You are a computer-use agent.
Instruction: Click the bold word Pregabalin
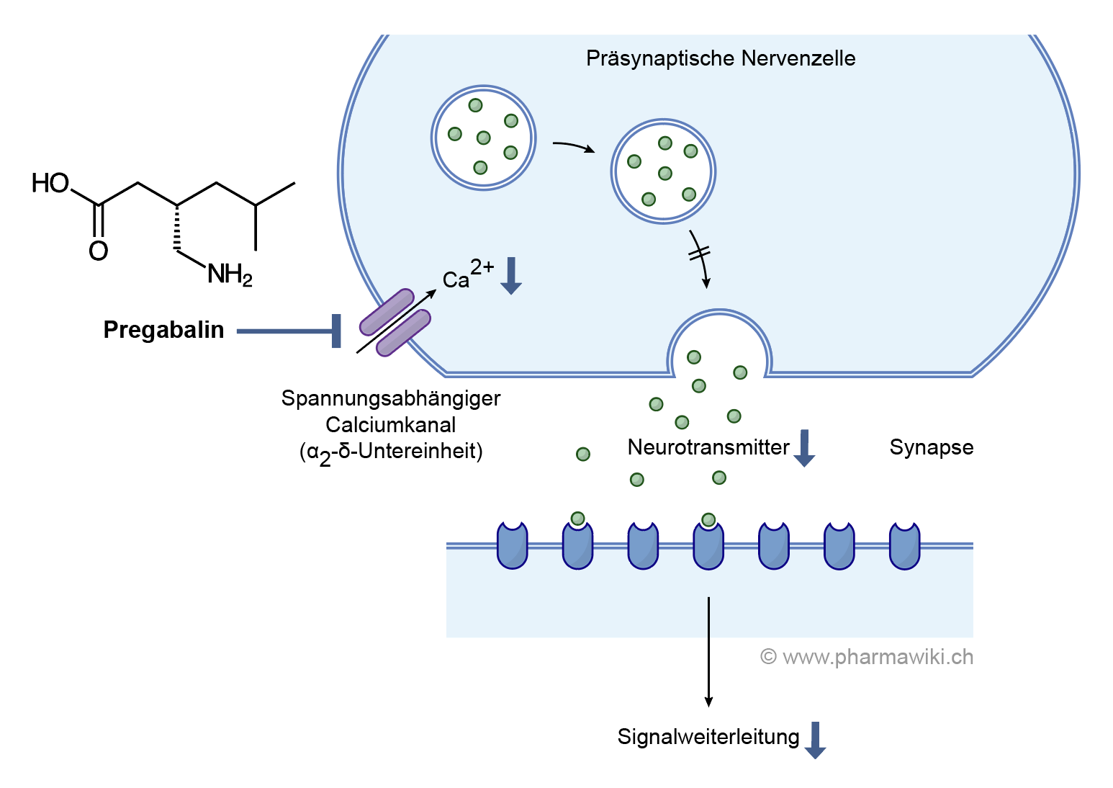click(x=163, y=330)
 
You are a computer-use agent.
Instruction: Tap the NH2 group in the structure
click(x=230, y=274)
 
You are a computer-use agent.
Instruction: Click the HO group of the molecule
click(x=50, y=184)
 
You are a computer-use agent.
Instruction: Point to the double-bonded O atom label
click(x=99, y=251)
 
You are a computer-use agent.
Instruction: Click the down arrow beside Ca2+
click(x=511, y=276)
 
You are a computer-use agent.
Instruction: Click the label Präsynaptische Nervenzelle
click(x=721, y=58)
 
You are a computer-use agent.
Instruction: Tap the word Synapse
click(x=932, y=447)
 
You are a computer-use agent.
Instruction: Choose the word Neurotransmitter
click(x=708, y=447)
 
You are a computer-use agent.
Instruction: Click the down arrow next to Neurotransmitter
click(x=804, y=448)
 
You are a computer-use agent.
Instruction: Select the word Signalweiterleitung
click(x=708, y=737)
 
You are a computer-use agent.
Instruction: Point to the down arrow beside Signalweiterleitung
click(x=815, y=740)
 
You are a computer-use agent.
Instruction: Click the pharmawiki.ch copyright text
click(x=867, y=657)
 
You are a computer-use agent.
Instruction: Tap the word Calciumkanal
click(x=391, y=424)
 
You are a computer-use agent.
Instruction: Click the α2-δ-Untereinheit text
click(x=391, y=452)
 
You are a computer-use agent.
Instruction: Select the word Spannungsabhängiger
click(x=391, y=398)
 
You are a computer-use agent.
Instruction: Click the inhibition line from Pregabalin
click(x=288, y=331)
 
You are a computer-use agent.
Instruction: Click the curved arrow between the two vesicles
click(x=573, y=146)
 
